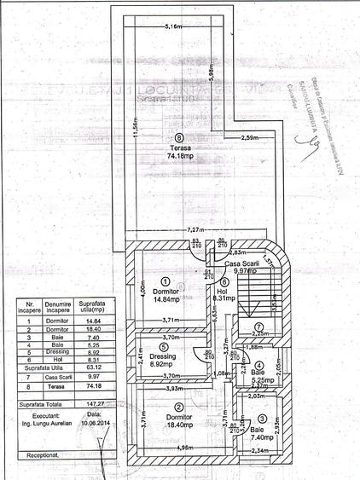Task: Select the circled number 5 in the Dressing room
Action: [x=162, y=348]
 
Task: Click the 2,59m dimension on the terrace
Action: [x=250, y=137]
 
